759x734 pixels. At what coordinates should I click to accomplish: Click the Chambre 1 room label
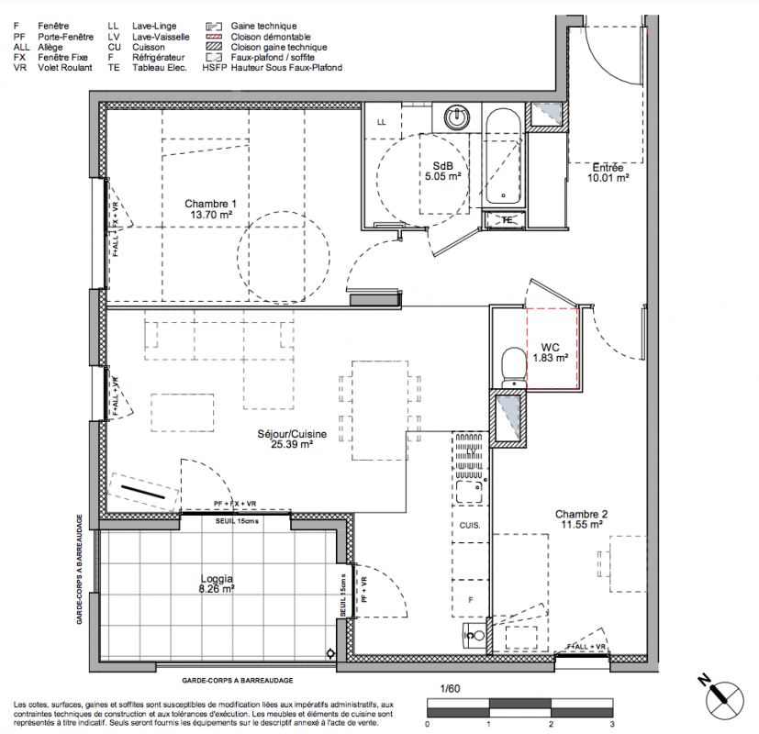pyautogui.click(x=210, y=204)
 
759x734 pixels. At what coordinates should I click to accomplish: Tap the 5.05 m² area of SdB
pyautogui.click(x=443, y=176)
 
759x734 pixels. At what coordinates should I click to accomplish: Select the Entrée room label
pyautogui.click(x=608, y=167)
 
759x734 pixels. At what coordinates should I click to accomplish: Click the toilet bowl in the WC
pyautogui.click(x=514, y=367)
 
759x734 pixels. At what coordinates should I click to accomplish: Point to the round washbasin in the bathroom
pyautogui.click(x=457, y=117)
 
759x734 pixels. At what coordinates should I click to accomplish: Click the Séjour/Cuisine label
pyautogui.click(x=292, y=434)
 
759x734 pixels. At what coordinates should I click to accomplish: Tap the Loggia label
pyautogui.click(x=217, y=578)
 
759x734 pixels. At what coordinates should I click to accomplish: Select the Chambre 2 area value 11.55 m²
pyautogui.click(x=581, y=524)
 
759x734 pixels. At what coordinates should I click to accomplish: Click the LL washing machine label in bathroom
pyautogui.click(x=382, y=122)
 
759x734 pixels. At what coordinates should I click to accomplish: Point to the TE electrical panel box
pyautogui.click(x=506, y=220)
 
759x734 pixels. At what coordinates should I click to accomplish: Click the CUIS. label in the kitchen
pyautogui.click(x=470, y=525)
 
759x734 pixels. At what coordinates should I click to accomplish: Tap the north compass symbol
pyautogui.click(x=723, y=699)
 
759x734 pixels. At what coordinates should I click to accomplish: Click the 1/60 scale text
pyautogui.click(x=450, y=688)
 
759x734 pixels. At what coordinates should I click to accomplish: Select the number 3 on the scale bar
pyautogui.click(x=612, y=724)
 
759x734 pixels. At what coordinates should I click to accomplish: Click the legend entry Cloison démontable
pyautogui.click(x=271, y=37)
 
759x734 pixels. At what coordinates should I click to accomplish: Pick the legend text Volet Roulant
pyautogui.click(x=65, y=68)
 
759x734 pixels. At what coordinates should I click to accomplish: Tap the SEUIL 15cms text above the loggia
pyautogui.click(x=237, y=521)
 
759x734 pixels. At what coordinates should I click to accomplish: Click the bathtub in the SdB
pyautogui.click(x=504, y=157)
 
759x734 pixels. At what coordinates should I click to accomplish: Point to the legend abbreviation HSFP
pyautogui.click(x=215, y=68)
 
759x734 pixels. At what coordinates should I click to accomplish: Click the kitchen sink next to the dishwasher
pyautogui.click(x=469, y=492)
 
